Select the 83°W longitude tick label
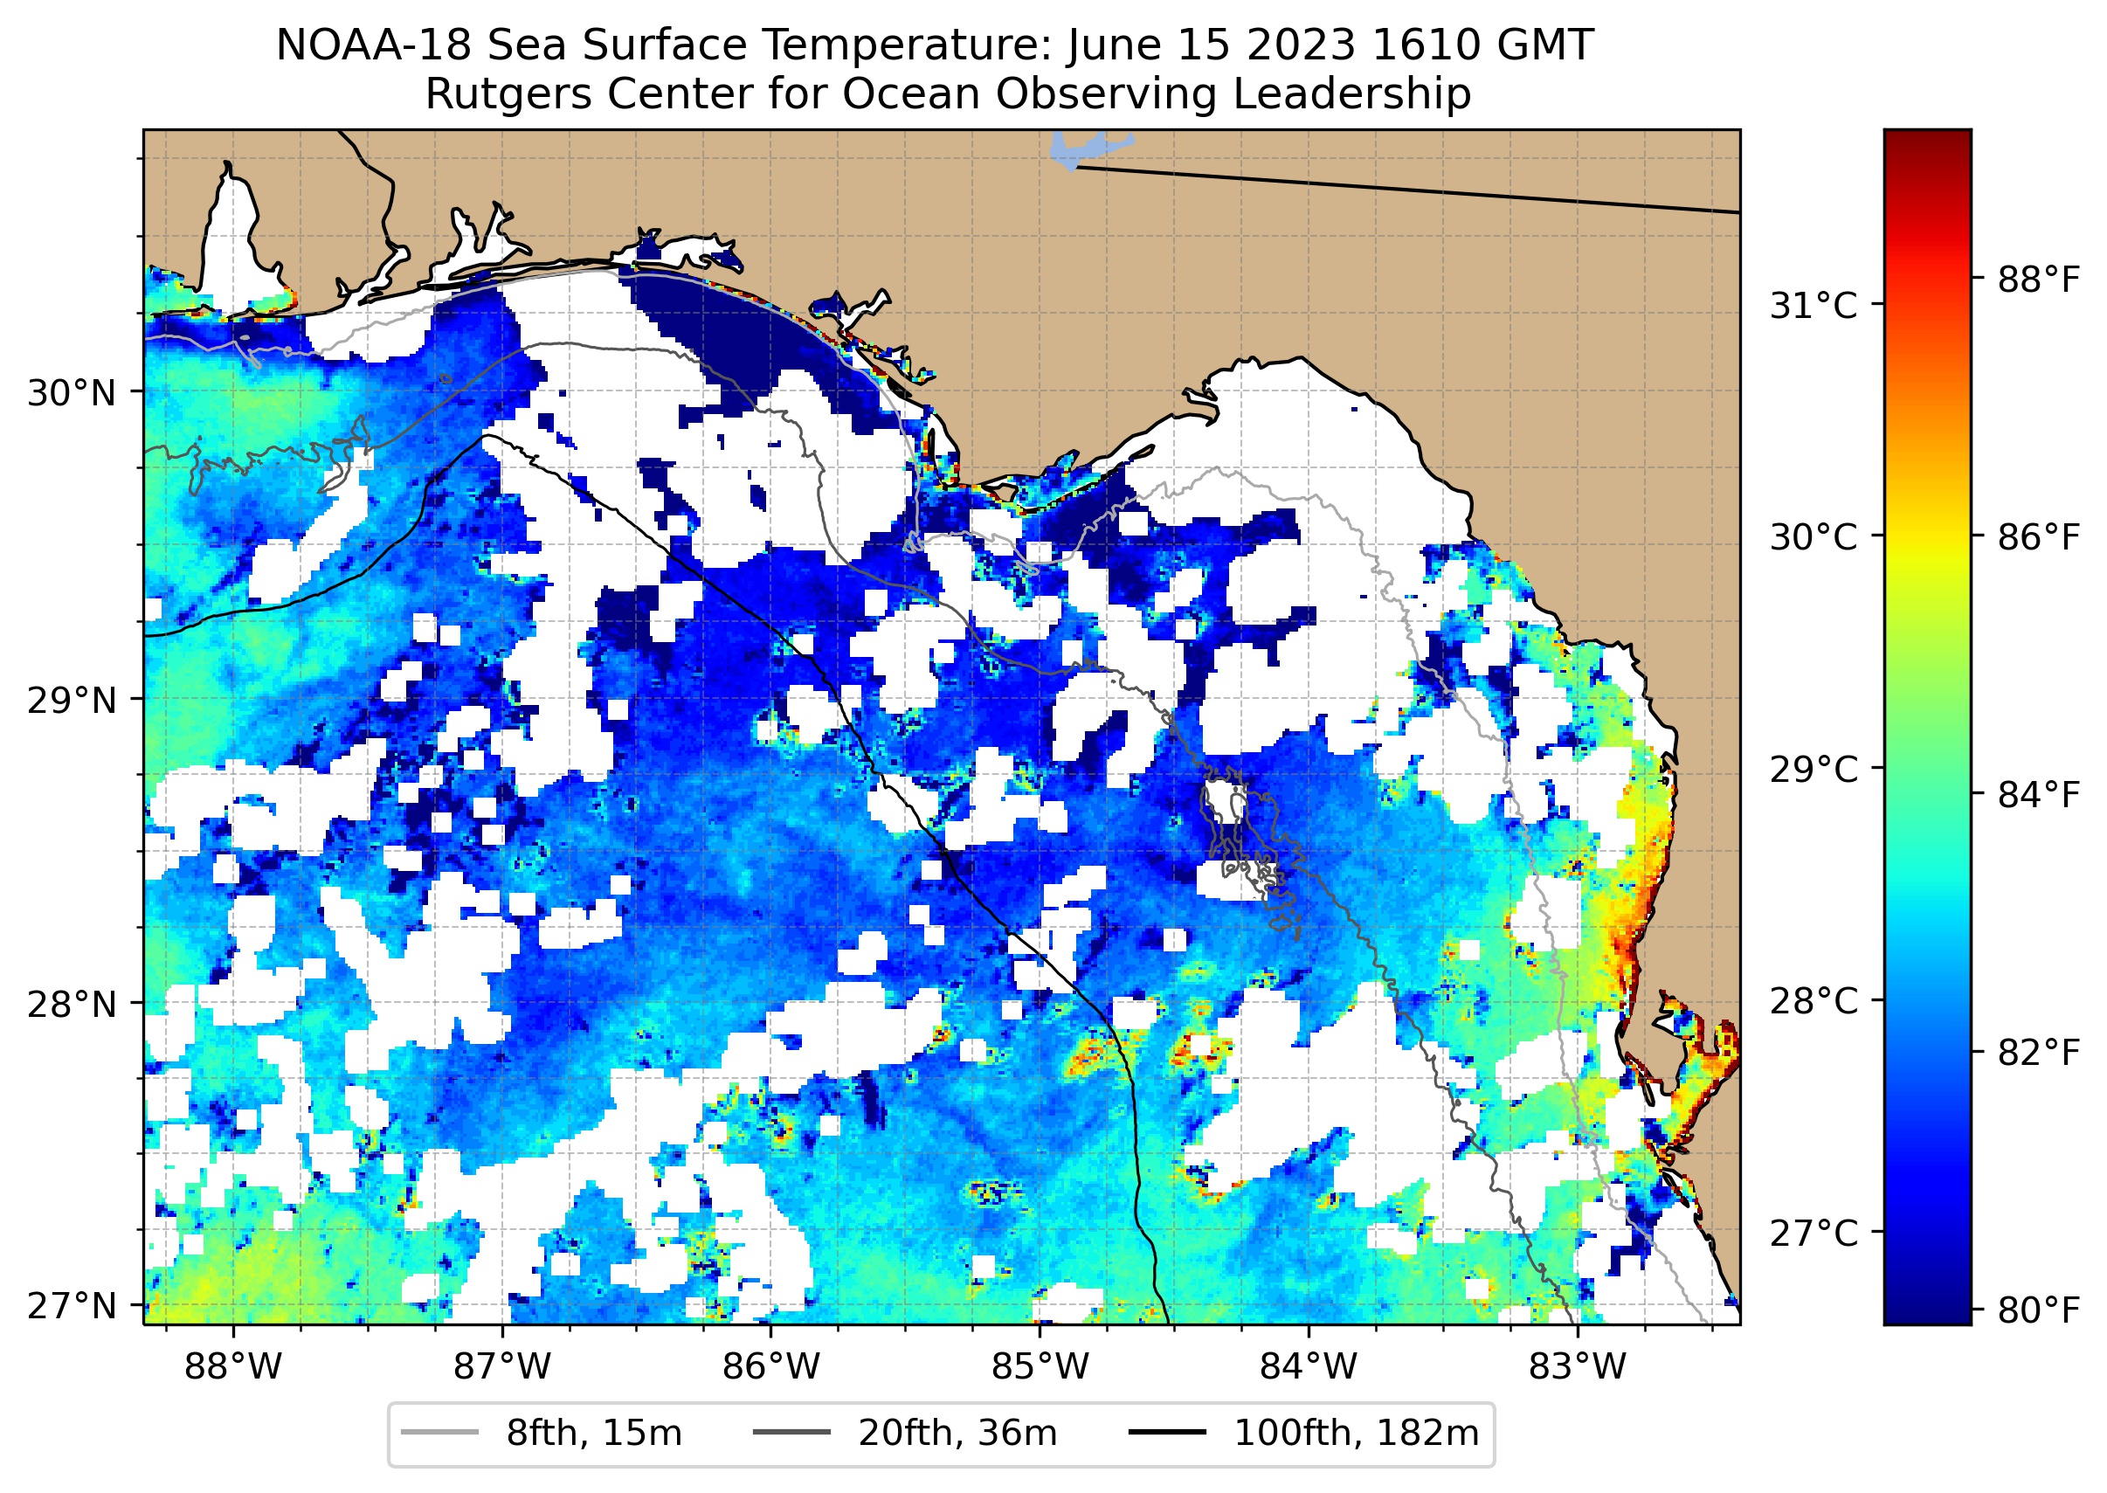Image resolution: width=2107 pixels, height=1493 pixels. (x=1578, y=1367)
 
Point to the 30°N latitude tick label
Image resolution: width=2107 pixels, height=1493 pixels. (x=72, y=393)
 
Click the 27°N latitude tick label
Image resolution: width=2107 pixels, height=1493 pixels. (x=72, y=1305)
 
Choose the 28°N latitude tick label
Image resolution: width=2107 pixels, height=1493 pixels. (x=72, y=1005)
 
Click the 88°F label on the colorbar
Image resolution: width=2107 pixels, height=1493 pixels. (x=2037, y=280)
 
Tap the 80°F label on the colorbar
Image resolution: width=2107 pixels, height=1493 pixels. (x=2037, y=1310)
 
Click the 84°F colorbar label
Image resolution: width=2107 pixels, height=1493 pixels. (x=2037, y=794)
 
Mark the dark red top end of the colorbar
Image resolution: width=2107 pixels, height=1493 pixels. (x=1928, y=138)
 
